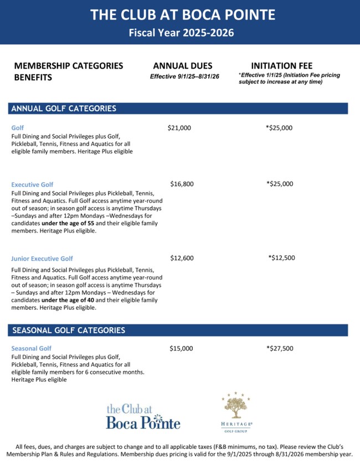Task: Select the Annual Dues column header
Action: [x=182, y=66]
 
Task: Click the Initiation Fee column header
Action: [x=281, y=66]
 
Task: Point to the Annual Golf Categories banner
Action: [x=64, y=108]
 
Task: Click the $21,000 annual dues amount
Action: [x=179, y=128]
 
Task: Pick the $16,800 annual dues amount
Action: [x=182, y=184]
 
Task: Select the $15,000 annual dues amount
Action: [x=181, y=349]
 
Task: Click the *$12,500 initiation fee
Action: [x=281, y=257]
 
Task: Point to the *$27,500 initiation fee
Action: [x=280, y=349]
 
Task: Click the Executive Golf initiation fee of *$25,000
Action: [x=280, y=184]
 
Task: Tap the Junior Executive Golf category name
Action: [x=42, y=258]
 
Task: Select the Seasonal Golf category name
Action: [x=32, y=349]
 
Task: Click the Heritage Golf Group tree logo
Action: [x=235, y=410]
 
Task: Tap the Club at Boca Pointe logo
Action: [x=143, y=417]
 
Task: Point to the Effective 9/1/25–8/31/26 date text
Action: [x=184, y=76]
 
